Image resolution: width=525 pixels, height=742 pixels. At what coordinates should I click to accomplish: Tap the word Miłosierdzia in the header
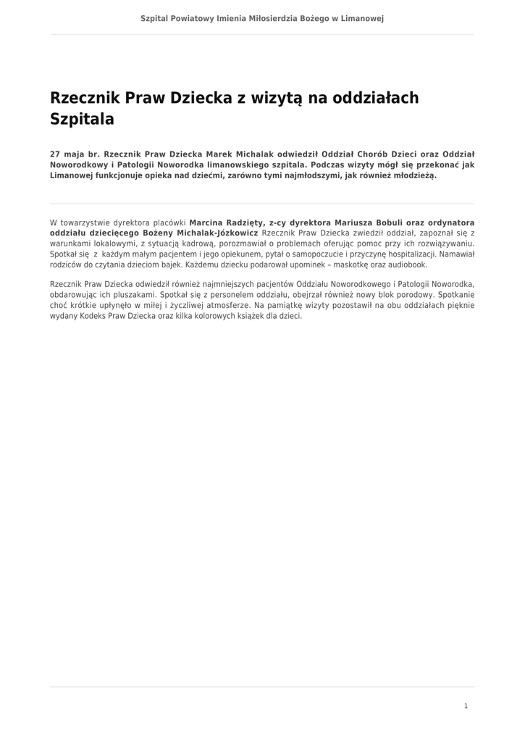point(272,18)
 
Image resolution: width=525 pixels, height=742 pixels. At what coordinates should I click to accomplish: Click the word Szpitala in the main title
point(82,120)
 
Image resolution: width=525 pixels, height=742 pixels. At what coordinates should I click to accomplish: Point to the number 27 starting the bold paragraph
point(55,154)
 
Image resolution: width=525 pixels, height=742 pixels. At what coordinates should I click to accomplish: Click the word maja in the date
point(75,154)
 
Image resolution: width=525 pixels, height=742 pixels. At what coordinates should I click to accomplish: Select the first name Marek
point(220,154)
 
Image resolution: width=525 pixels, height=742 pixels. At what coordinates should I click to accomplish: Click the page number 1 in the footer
point(466,706)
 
